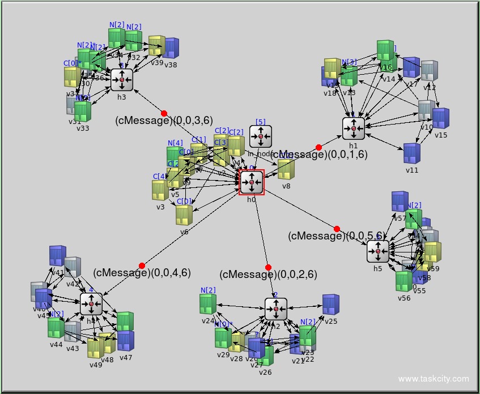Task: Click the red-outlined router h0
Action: tap(252, 182)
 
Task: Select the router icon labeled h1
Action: tap(354, 129)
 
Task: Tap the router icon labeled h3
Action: tap(122, 80)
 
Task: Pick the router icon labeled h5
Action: tap(378, 251)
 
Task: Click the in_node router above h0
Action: tap(261, 136)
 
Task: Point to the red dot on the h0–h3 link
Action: tap(164, 113)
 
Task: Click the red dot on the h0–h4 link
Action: tap(142, 265)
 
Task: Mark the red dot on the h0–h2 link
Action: tap(268, 267)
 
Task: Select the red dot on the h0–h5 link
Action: tap(337, 229)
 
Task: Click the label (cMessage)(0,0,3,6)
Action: tap(164, 120)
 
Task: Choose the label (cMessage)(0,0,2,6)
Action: tap(268, 275)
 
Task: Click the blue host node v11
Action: tap(412, 153)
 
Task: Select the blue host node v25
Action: tap(331, 305)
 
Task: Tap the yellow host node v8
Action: tap(286, 169)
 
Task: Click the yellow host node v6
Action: tap(184, 215)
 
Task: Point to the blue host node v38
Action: tap(171, 49)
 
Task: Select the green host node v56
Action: tap(403, 281)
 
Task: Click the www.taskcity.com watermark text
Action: tap(434, 379)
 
